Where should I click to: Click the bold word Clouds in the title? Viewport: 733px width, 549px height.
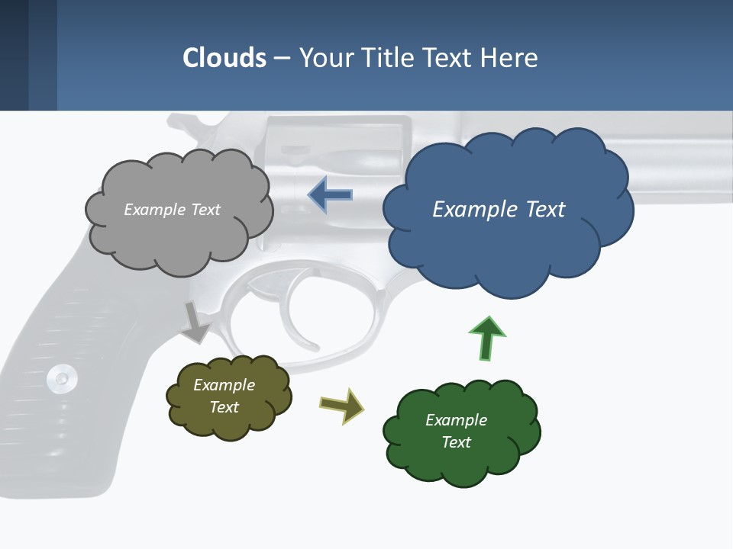tap(224, 58)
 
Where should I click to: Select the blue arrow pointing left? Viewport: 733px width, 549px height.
tap(330, 195)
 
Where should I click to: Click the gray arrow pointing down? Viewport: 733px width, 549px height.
tap(196, 322)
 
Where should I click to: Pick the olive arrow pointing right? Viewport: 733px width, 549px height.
tap(342, 405)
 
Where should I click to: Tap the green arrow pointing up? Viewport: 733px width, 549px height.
tap(486, 339)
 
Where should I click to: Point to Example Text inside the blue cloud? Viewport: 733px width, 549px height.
tap(499, 210)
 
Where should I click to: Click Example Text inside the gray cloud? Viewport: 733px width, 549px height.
tap(172, 210)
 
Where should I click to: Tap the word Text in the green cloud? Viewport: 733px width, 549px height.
tap(456, 442)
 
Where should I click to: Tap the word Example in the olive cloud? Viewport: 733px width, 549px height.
tap(224, 385)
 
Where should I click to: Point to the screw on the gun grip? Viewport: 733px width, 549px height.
tap(60, 377)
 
